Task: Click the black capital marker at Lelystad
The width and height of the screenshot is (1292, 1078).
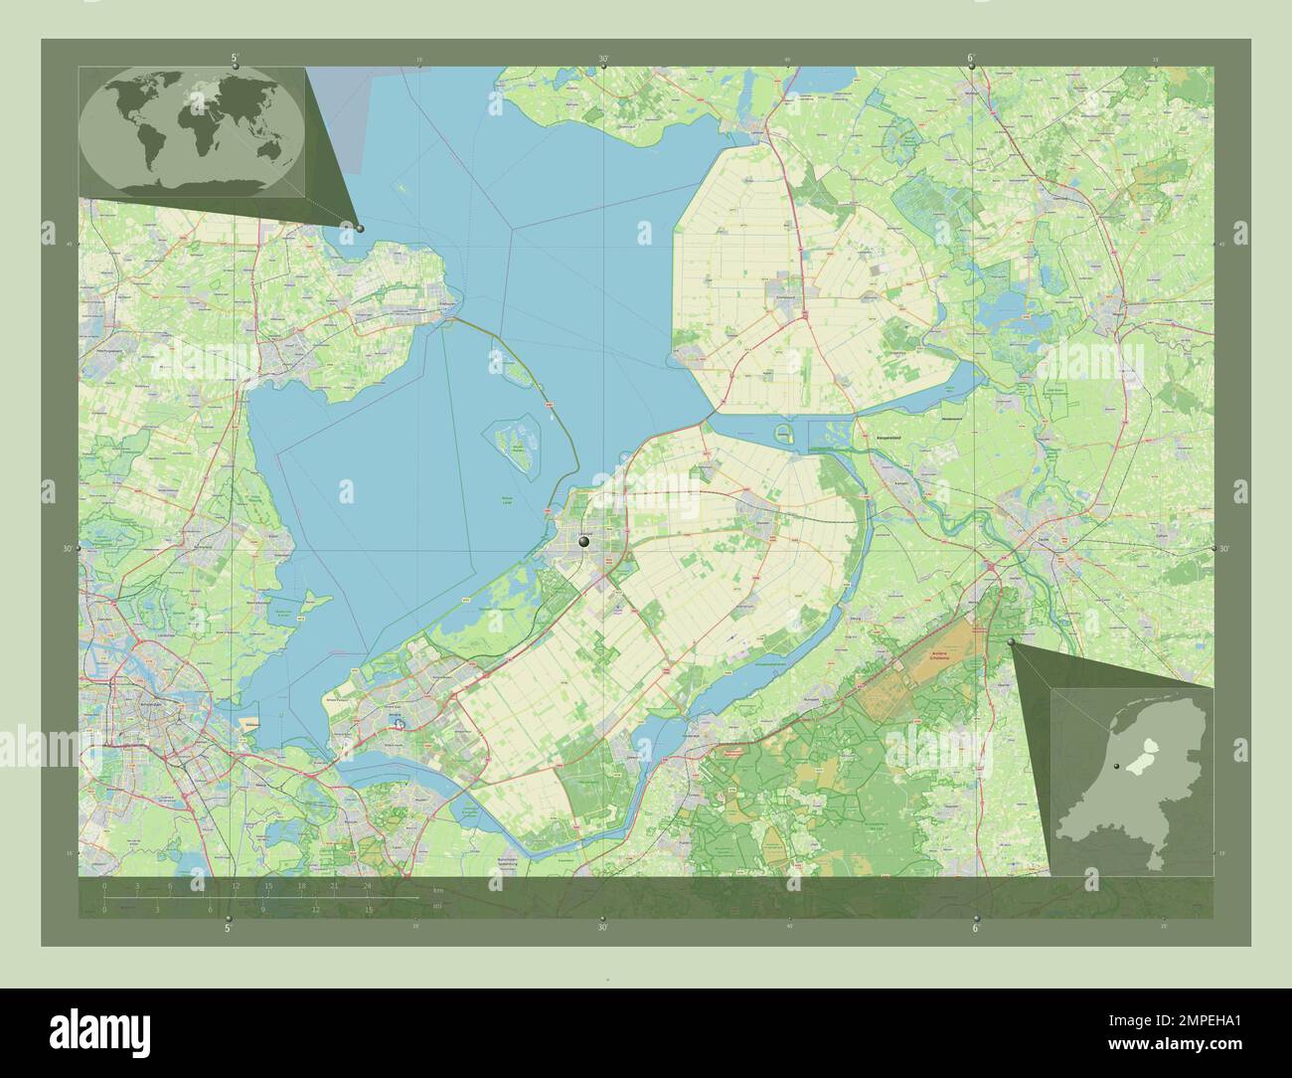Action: pos(584,542)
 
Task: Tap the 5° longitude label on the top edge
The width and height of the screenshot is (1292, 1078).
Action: pos(235,59)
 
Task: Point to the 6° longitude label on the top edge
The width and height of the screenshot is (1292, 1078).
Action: pos(972,59)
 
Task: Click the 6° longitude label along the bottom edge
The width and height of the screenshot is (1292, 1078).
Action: pos(975,928)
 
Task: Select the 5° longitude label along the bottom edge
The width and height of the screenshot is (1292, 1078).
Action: pos(229,928)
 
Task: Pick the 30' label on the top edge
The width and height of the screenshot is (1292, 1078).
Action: pos(603,59)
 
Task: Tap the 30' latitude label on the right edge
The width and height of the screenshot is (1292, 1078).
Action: pos(1223,548)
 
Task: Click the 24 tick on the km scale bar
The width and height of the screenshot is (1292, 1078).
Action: pos(367,885)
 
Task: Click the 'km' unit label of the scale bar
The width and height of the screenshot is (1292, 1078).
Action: pos(437,890)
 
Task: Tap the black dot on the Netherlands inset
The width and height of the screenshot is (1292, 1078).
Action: pos(1117,766)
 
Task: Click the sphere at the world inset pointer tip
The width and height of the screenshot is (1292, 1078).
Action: pos(360,228)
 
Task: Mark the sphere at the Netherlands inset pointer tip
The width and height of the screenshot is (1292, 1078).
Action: pos(1012,643)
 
